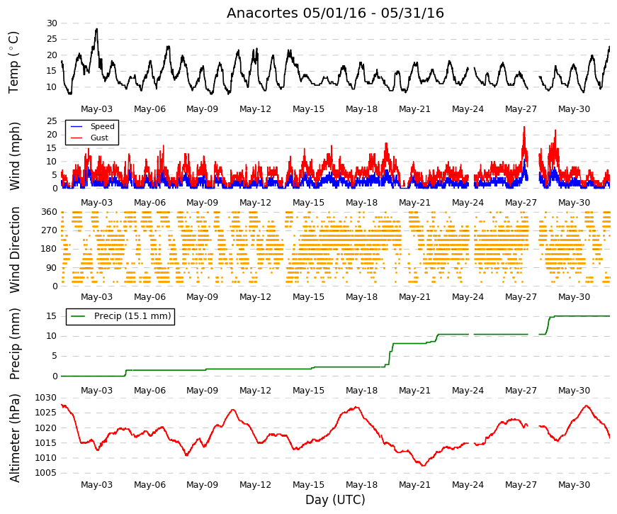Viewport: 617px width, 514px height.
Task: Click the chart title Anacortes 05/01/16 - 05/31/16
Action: coord(335,13)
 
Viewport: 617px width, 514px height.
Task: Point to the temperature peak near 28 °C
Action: coord(96,29)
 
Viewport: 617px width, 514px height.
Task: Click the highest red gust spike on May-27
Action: coord(524,128)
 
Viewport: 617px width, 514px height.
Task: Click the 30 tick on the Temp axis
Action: coord(52,23)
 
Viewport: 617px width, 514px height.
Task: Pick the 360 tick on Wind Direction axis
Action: coord(50,212)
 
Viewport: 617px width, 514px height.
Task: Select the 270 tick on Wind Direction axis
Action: coord(50,230)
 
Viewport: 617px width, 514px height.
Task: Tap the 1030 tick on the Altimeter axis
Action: coord(45,398)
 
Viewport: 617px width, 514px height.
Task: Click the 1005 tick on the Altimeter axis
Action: coord(45,473)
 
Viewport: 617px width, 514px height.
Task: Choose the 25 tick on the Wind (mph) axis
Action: coord(52,121)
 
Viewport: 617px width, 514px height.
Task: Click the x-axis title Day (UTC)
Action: coord(335,501)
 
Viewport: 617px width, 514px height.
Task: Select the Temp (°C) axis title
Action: coord(13,62)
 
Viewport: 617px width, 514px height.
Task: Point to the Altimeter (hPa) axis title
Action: coord(15,438)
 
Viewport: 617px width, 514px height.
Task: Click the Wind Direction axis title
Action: coord(15,250)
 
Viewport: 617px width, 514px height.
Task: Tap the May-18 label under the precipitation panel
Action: coord(361,391)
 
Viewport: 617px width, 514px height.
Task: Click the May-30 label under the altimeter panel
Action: coord(574,485)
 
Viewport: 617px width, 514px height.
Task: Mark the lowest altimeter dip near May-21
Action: coord(424,466)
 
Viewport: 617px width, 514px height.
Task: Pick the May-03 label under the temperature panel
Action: coord(96,109)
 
